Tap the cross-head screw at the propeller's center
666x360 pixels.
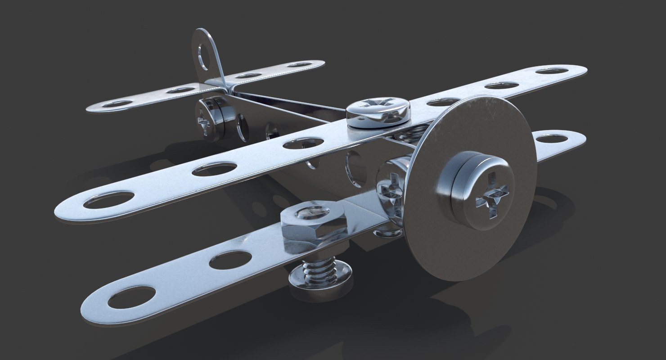click(x=494, y=195)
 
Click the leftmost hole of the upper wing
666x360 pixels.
click(x=109, y=199)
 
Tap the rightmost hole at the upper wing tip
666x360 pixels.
click(x=553, y=71)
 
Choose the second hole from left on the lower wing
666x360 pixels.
click(x=230, y=260)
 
